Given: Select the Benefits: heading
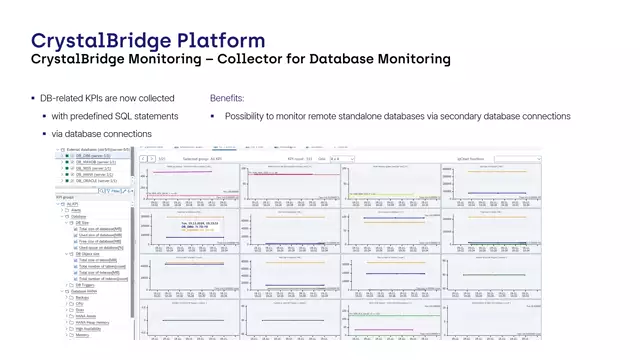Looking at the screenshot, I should pos(227,98).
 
